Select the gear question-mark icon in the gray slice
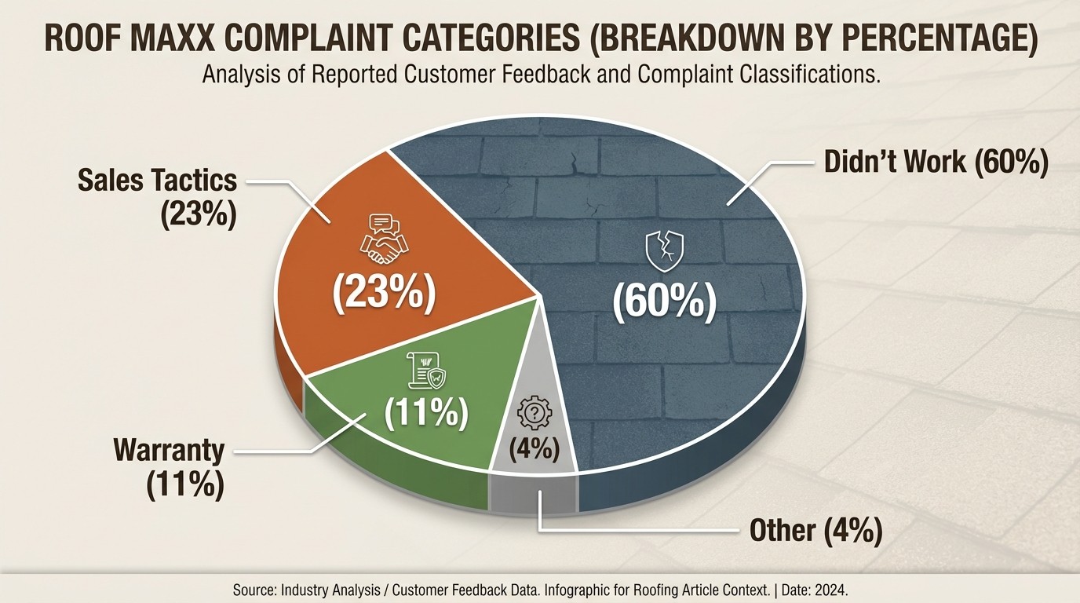[x=536, y=411]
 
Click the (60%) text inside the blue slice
[x=664, y=302]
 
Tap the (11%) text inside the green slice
[x=426, y=412]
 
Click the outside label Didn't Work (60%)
[x=936, y=162]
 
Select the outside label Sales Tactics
[x=157, y=180]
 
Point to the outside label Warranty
[x=169, y=451]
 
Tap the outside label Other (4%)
[x=815, y=531]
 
